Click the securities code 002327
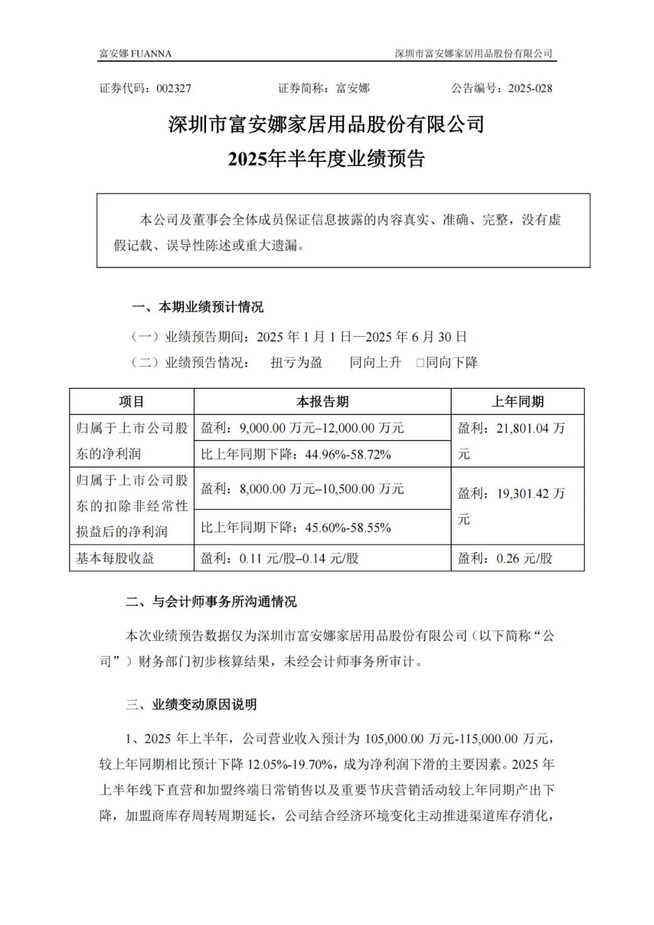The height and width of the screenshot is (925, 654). pos(174,88)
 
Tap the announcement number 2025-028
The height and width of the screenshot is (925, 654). pos(530,88)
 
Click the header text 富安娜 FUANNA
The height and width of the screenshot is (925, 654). pos(135,54)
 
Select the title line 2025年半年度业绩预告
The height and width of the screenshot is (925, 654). pos(326,159)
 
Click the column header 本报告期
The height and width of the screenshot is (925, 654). pos(322,402)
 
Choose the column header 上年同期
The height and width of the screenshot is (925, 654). pos(517,402)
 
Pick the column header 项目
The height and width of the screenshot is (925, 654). pos(131,402)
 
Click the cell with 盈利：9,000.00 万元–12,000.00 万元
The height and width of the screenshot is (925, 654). pos(302,428)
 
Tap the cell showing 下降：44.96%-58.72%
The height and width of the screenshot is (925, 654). pos(296,454)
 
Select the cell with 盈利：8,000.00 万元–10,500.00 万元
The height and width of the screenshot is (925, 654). pos(302,489)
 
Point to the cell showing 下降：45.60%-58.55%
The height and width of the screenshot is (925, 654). pos(296,528)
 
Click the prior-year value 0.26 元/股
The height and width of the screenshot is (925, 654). pos(524,558)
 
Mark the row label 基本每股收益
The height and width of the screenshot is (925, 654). pos(115,558)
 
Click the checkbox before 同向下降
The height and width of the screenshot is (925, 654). pos(420,363)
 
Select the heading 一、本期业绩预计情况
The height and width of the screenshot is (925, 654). pos(197,307)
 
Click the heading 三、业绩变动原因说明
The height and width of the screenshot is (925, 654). pos(191,705)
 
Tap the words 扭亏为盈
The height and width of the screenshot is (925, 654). pos(296,363)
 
